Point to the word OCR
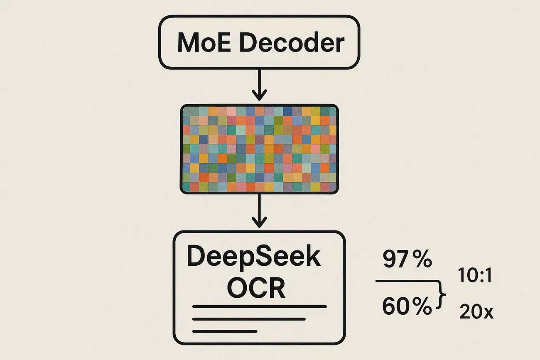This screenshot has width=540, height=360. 256,287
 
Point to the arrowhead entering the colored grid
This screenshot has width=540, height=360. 259,96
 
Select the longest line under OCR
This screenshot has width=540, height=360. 260,307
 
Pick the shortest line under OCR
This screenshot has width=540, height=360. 225,331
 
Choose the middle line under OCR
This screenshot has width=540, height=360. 249,319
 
